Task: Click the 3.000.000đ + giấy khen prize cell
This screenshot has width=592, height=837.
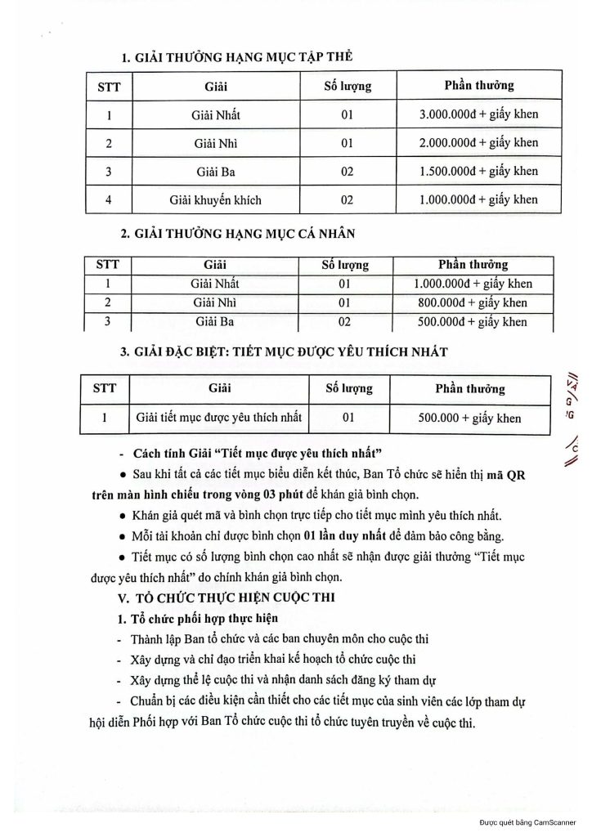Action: (x=478, y=114)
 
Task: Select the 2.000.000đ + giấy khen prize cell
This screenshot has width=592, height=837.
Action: (x=478, y=142)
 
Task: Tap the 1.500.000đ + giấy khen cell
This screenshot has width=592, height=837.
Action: (x=478, y=171)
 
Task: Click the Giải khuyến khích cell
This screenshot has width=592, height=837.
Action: (x=216, y=199)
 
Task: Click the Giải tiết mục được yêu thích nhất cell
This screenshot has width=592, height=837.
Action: (x=218, y=418)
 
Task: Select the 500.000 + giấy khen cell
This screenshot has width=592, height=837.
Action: (x=469, y=418)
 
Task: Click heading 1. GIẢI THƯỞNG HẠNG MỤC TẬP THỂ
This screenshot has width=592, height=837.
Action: (x=237, y=56)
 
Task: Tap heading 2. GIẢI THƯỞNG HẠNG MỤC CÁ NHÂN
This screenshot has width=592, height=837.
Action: (x=238, y=235)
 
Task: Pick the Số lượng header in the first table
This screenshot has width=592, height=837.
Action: (x=348, y=85)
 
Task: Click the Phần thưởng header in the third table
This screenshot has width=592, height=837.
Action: (x=469, y=389)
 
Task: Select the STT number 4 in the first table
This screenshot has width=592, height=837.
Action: (x=109, y=199)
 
